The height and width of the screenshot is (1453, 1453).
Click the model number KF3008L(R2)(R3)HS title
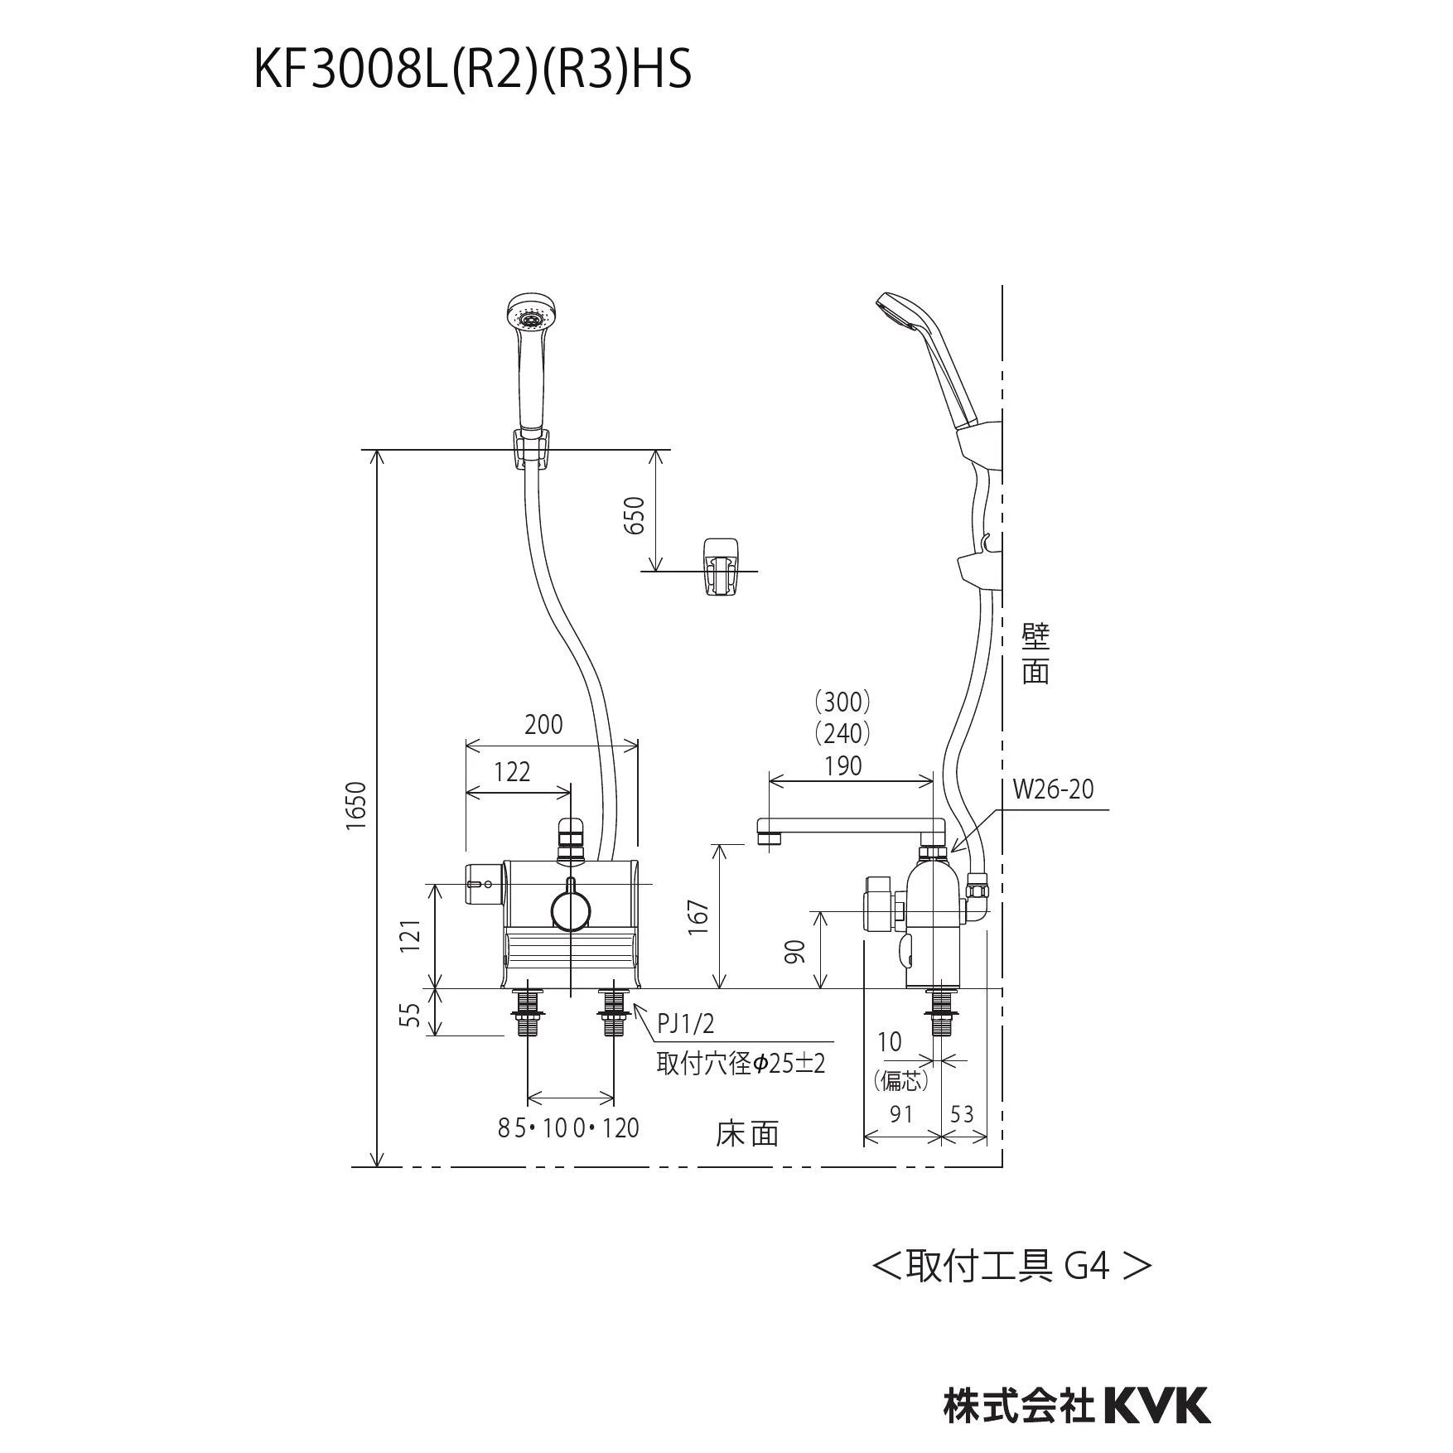(x=472, y=70)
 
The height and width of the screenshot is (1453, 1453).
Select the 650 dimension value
(x=634, y=515)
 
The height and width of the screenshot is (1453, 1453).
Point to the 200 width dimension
(x=543, y=724)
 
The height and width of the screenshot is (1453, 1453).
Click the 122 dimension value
(x=512, y=771)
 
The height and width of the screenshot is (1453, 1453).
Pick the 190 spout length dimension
(x=842, y=765)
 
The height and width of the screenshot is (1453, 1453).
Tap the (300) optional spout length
(x=842, y=702)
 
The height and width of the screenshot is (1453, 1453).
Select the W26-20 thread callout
(x=1053, y=789)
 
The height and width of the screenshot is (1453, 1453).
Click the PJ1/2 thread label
(x=685, y=1024)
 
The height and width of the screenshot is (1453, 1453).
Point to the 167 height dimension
(x=699, y=917)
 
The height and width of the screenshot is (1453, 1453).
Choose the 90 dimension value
(x=795, y=951)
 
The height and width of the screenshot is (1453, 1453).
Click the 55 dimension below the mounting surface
(x=410, y=1015)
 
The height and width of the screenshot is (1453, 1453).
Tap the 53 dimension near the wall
(x=962, y=1114)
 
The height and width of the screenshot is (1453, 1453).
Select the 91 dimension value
(x=900, y=1114)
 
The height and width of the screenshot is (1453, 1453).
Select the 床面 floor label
(x=747, y=1133)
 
